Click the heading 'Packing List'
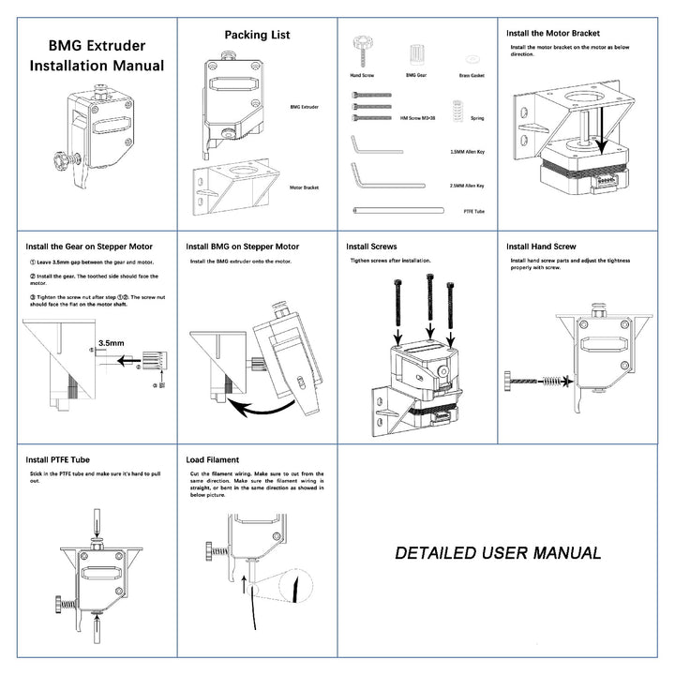257,35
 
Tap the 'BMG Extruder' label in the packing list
304,107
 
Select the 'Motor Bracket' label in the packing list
304,187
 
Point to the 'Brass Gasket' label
472,74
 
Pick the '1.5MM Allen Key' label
466,150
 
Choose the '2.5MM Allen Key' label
466,186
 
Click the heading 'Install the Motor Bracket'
552,32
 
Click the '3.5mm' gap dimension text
111,343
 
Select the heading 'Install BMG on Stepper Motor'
242,247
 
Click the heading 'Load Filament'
212,460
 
